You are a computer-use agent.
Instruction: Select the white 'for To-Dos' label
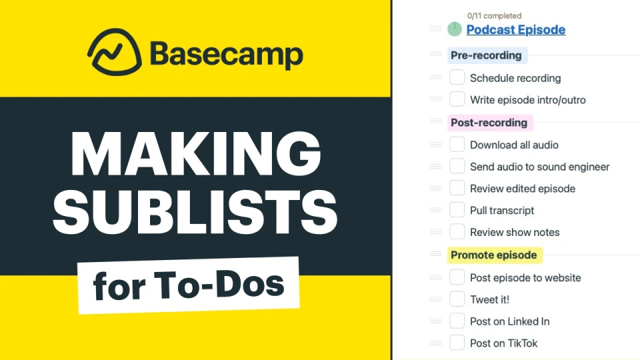pos(189,285)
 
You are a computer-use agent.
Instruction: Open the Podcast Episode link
pos(515,29)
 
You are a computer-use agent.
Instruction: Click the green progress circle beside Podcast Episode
pos(455,29)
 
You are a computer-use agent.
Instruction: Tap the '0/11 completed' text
pos(494,15)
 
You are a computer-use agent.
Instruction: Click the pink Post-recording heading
pos(489,122)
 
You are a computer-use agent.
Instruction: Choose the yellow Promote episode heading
pos(493,255)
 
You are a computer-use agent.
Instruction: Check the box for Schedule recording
pos(457,77)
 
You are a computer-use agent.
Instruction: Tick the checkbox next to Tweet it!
pos(457,299)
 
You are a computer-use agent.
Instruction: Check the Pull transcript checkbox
pos(457,210)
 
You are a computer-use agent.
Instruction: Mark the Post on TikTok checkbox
pos(457,343)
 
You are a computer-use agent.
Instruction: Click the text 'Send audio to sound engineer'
pos(539,167)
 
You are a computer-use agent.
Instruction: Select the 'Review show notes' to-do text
pos(515,232)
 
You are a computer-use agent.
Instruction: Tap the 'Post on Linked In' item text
pos(509,321)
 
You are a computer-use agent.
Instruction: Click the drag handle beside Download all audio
pos(436,144)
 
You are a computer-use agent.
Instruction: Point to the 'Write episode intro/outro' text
pos(527,100)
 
